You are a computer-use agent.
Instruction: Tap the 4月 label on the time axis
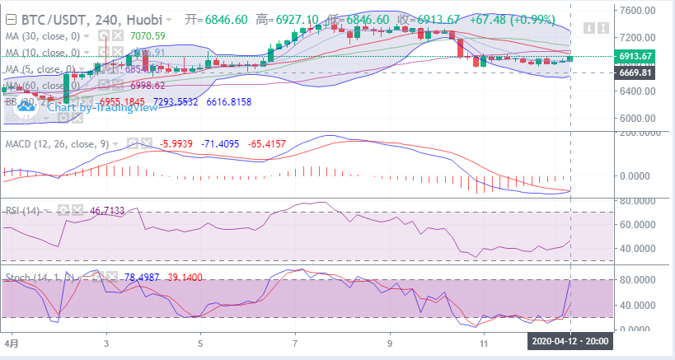[x=11, y=340]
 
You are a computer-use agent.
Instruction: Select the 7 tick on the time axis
[x=294, y=340]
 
